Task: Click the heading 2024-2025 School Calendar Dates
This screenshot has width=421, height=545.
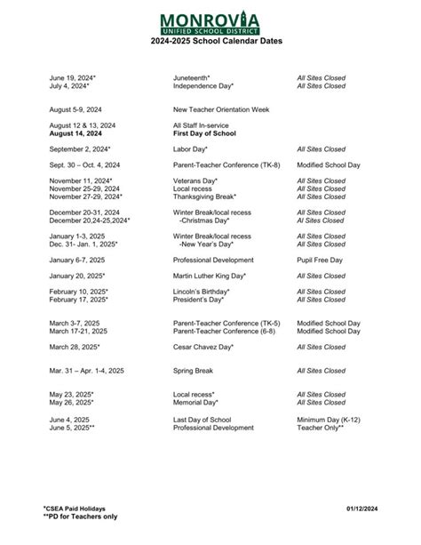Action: pyautogui.click(x=210, y=42)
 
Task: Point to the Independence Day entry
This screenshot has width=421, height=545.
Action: pyautogui.click(x=203, y=86)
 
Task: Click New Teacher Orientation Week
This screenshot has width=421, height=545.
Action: pyautogui.click(x=220, y=108)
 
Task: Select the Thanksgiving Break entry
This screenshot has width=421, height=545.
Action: pyautogui.click(x=205, y=196)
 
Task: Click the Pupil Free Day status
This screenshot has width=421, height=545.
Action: pyautogui.click(x=322, y=260)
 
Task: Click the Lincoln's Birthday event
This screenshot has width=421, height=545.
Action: pyautogui.click(x=202, y=292)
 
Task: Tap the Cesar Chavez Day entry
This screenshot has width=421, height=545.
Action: pyautogui.click(x=203, y=347)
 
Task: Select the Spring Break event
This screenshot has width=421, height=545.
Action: pyautogui.click(x=195, y=370)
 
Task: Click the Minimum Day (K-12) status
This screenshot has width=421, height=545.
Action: pyautogui.click(x=329, y=420)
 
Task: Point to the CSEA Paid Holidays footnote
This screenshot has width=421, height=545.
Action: pyautogui.click(x=75, y=507)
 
